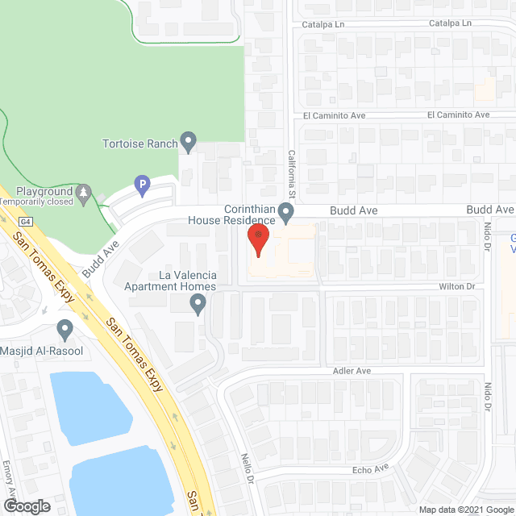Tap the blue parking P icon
point(142,185)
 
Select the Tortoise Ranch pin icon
point(189,143)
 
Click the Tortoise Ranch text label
point(139,144)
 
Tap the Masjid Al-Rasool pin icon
point(65,328)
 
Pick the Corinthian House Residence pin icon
point(285,212)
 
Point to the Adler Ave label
point(352,371)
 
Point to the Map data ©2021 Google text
point(466,509)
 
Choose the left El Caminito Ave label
point(335,115)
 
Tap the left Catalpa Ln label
point(323,25)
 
